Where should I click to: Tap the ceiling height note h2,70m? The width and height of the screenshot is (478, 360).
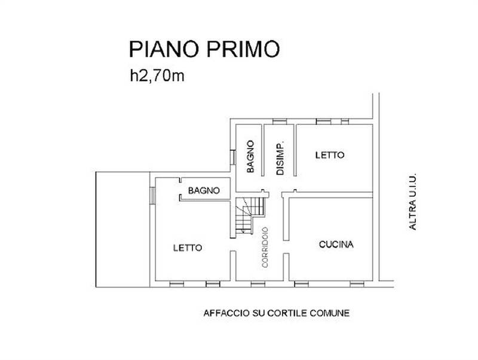[158, 75]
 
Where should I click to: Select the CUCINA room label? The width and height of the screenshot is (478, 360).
[336, 244]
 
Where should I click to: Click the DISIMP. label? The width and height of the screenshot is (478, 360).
[279, 158]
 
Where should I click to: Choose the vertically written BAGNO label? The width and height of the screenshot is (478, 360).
[250, 157]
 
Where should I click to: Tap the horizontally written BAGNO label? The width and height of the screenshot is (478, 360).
[204, 191]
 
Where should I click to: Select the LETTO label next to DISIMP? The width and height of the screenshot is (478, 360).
[330, 155]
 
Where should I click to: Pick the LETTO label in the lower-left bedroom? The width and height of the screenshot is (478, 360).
[188, 247]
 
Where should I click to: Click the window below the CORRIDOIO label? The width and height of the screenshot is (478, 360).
[258, 283]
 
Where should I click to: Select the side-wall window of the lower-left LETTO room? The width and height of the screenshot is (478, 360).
[152, 195]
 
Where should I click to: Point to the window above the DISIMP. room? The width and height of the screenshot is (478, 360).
[279, 121]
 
